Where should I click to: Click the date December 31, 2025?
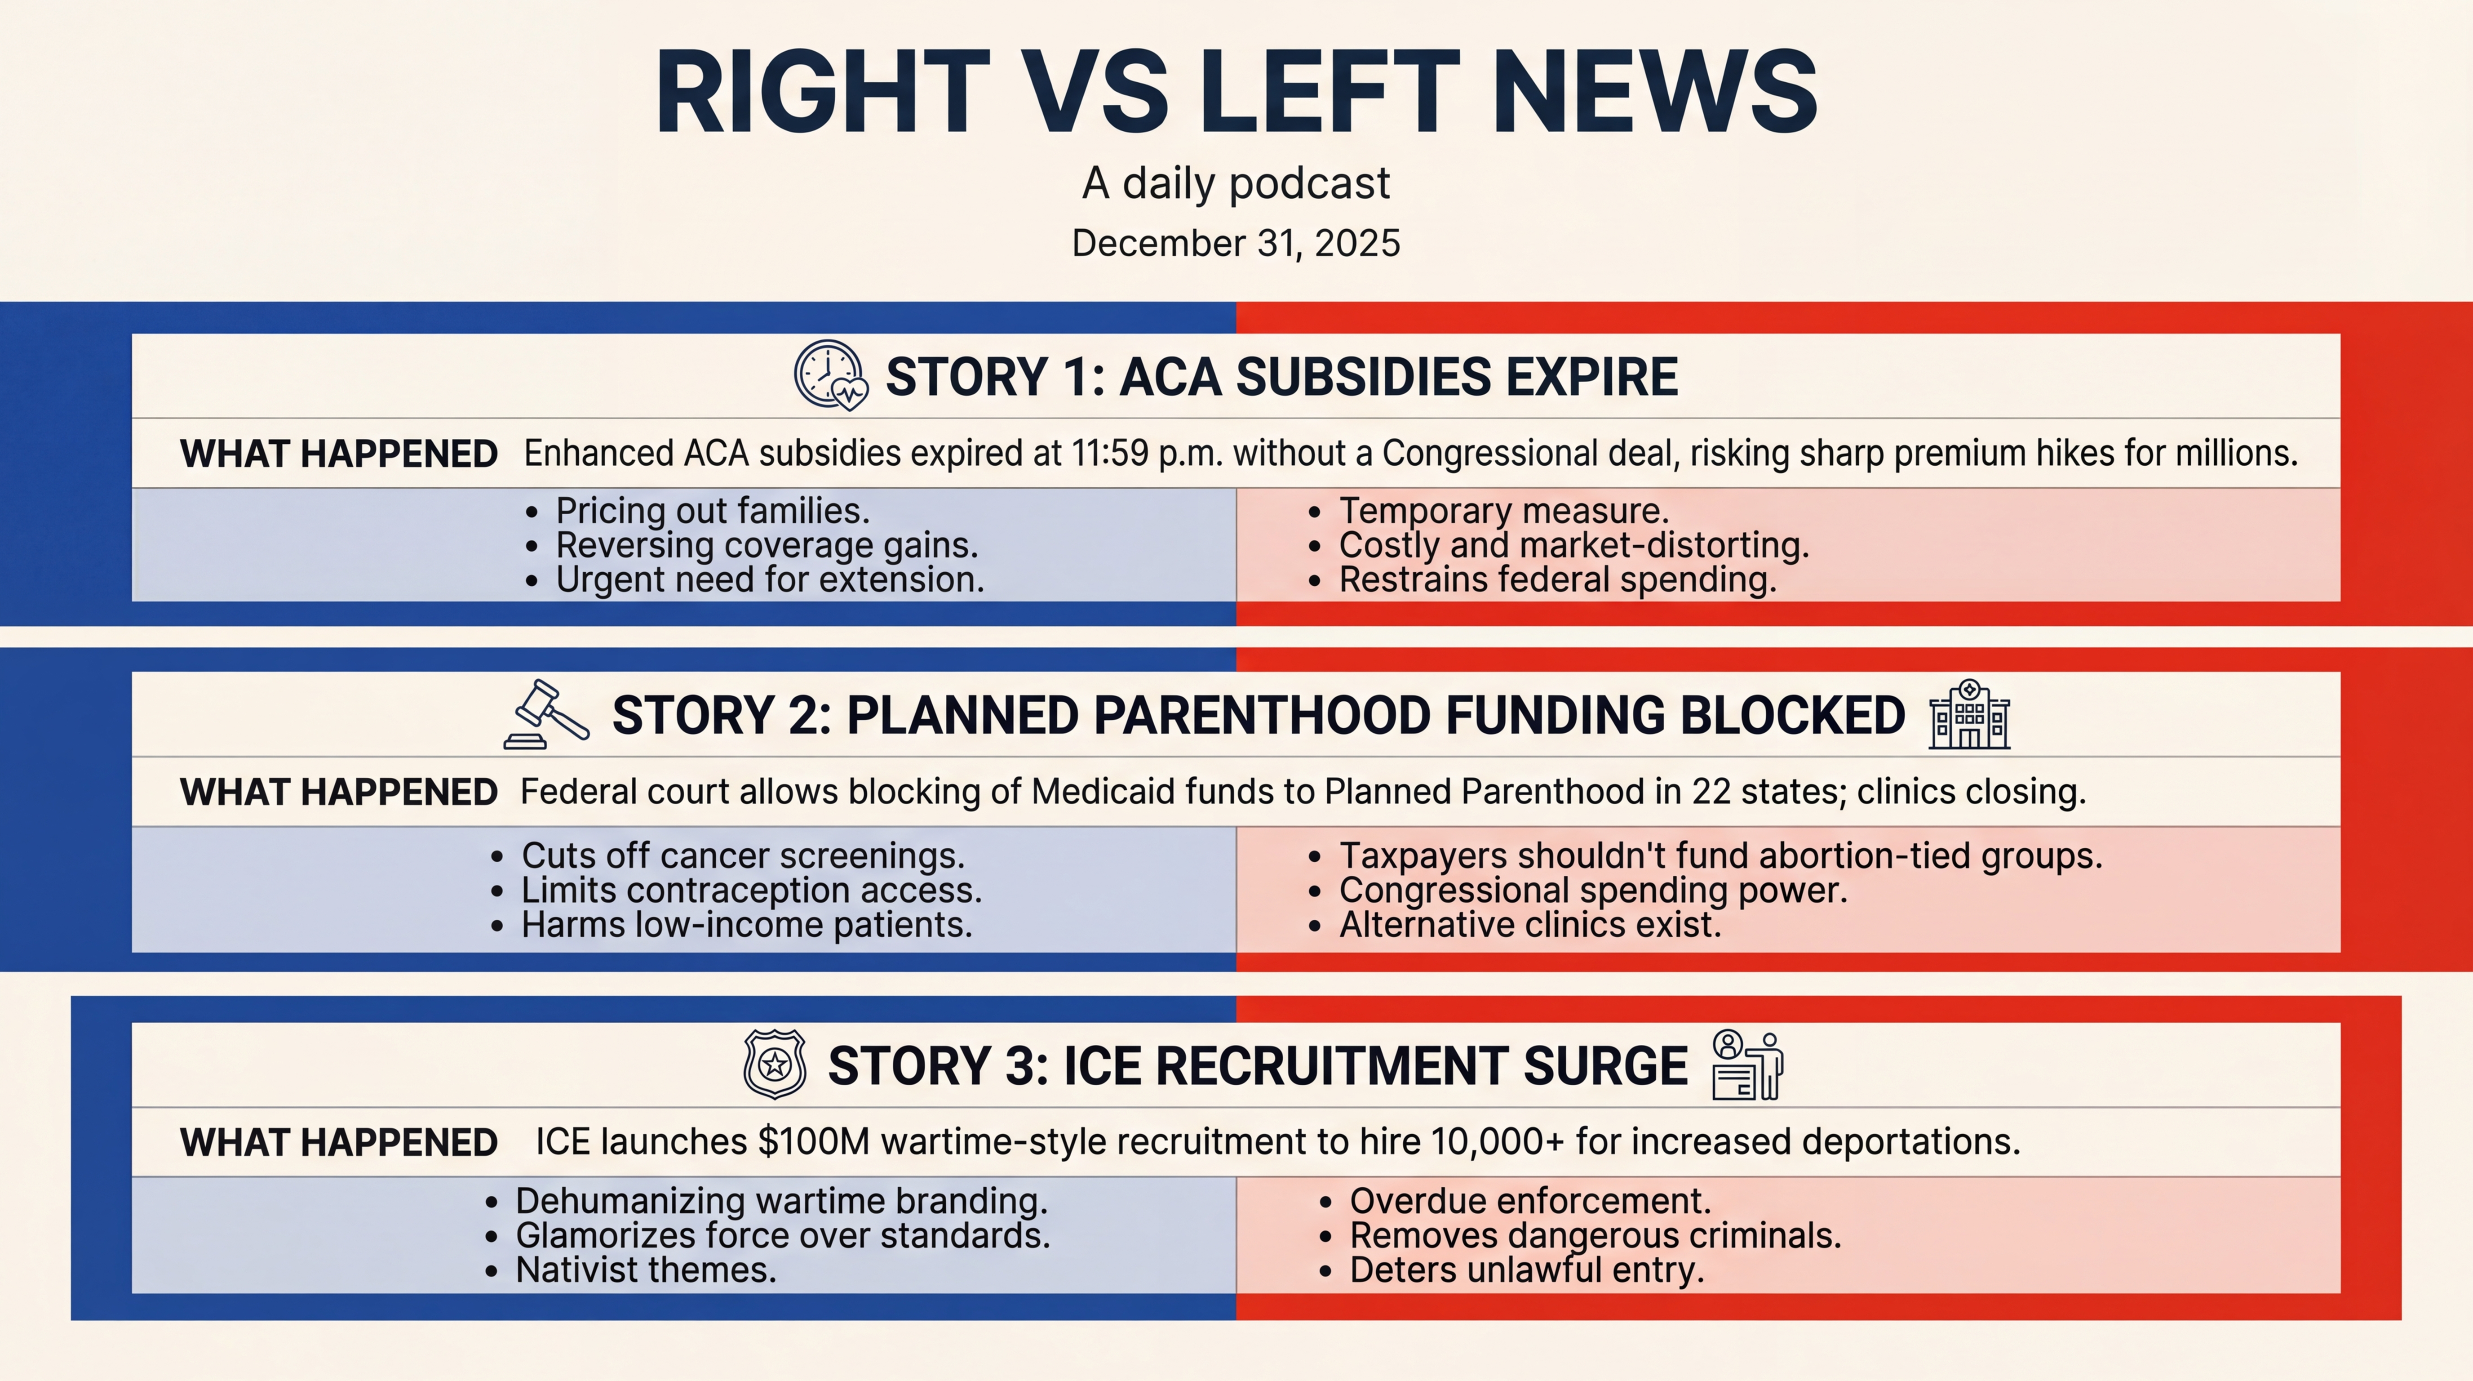tap(1236, 243)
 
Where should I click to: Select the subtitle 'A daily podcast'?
tap(1236, 183)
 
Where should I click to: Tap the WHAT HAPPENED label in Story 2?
tap(339, 792)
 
